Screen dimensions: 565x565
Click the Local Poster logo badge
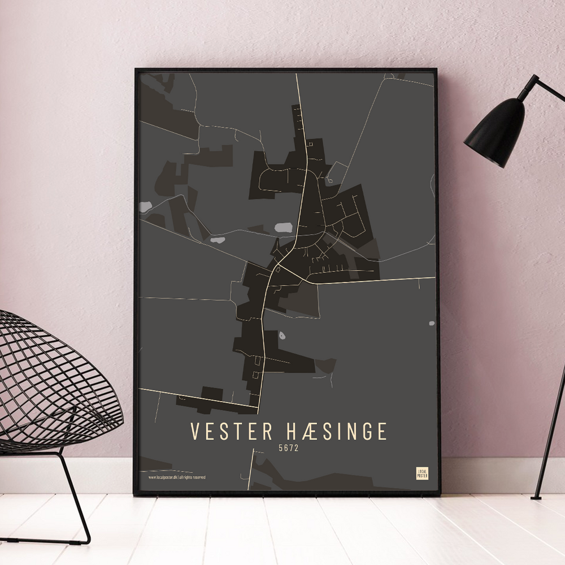[422, 473]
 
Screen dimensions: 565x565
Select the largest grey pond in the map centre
[282, 228]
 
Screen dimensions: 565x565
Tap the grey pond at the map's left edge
[145, 206]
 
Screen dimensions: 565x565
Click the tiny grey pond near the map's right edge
[431, 324]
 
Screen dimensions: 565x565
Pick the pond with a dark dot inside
[281, 336]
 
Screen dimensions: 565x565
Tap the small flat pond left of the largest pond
[218, 240]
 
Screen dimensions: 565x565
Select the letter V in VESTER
[194, 431]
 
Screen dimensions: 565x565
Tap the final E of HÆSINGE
[383, 431]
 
